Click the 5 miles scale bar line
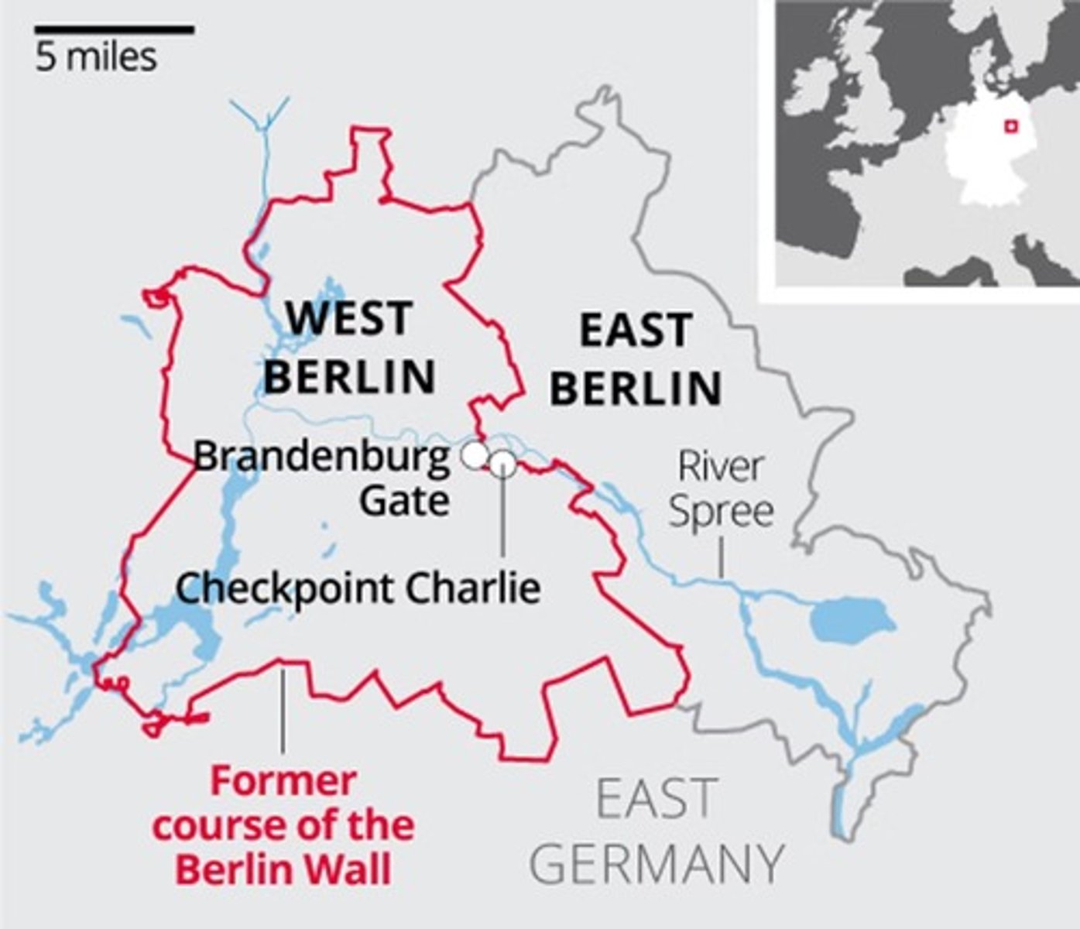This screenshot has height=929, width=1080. (114, 31)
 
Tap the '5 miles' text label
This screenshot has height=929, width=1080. (96, 58)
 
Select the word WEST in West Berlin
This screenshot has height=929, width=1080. (348, 318)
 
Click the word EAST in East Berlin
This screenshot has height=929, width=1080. (636, 331)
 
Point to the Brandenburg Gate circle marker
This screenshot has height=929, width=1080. (474, 454)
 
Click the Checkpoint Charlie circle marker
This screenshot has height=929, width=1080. (502, 463)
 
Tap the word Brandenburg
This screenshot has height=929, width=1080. (321, 457)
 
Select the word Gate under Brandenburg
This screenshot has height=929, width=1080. (404, 500)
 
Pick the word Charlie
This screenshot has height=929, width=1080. (473, 588)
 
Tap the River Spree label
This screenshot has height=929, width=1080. (721, 489)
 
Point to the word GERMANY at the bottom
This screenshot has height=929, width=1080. (657, 863)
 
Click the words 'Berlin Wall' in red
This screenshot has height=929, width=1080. (283, 870)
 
